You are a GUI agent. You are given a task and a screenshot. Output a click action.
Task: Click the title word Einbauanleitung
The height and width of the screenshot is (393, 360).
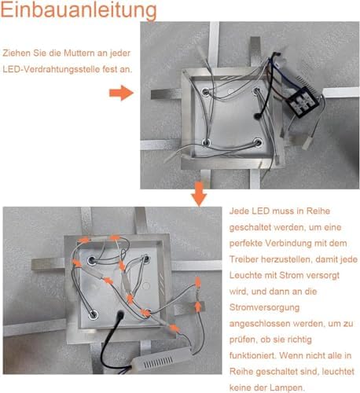(79, 10)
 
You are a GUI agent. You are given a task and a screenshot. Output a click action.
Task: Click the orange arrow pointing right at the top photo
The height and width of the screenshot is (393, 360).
(122, 93)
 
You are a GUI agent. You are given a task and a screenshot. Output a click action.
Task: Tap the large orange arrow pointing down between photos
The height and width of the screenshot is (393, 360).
(199, 194)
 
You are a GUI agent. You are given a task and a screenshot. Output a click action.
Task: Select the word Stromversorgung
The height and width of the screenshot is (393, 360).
(264, 307)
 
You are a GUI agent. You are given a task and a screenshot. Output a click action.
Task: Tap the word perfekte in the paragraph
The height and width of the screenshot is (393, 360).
(245, 244)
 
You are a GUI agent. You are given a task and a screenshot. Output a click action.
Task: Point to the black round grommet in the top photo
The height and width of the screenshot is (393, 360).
(256, 115)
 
